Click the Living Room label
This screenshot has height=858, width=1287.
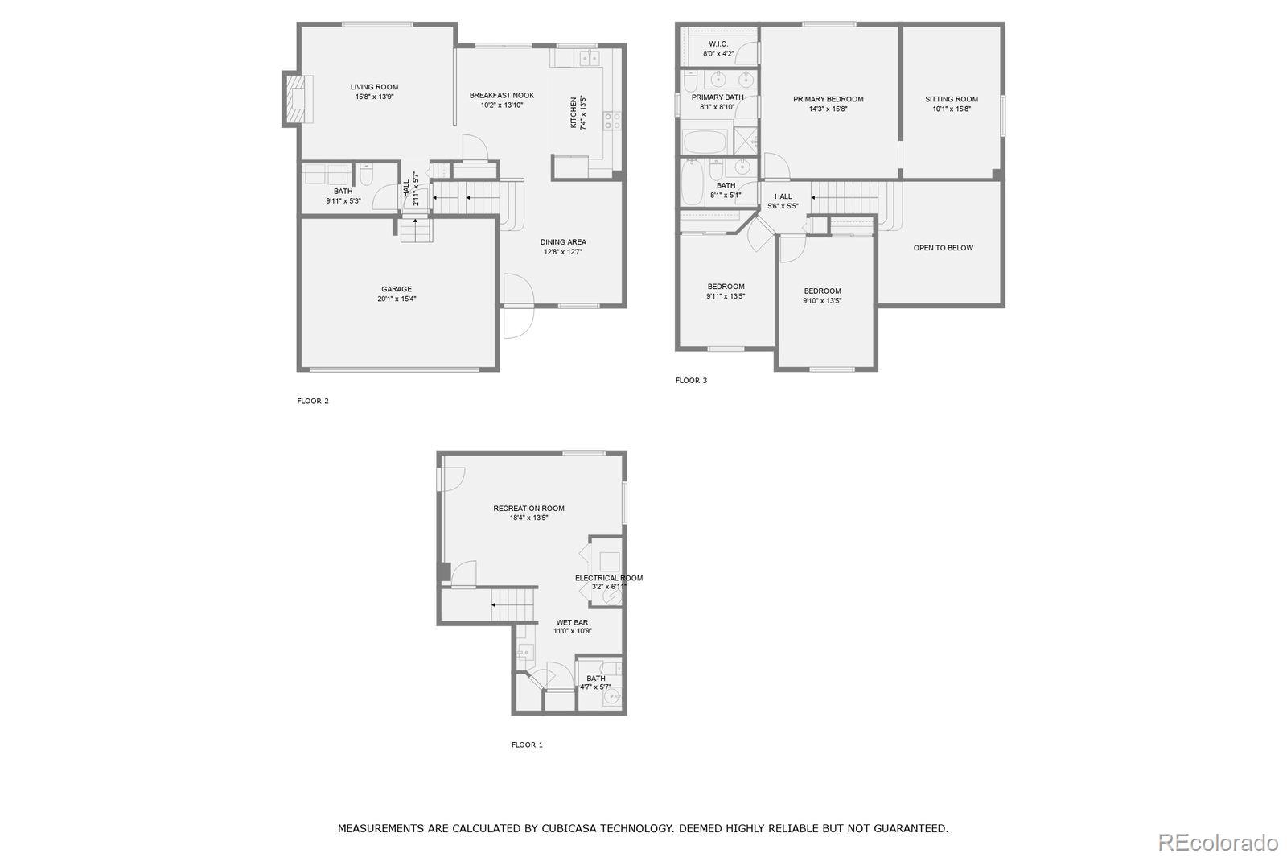click(374, 87)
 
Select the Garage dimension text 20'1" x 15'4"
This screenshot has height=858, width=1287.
click(397, 299)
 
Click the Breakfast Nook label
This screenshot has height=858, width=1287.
click(502, 95)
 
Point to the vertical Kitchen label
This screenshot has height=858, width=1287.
click(574, 113)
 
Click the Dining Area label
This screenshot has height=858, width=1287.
click(563, 241)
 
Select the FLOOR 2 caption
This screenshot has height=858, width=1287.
click(313, 401)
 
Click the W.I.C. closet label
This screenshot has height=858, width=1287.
click(718, 43)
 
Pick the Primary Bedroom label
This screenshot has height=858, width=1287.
click(828, 99)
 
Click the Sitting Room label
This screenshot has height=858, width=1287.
click(952, 99)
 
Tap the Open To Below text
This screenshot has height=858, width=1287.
click(943, 248)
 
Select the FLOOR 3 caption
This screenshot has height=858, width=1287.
click(691, 381)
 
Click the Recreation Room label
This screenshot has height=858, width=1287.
click(528, 508)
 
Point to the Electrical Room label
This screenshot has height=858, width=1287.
click(609, 578)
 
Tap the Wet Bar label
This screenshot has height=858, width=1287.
click(572, 622)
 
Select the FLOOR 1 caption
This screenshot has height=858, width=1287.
click(527, 745)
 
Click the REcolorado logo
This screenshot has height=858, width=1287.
click(1218, 843)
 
